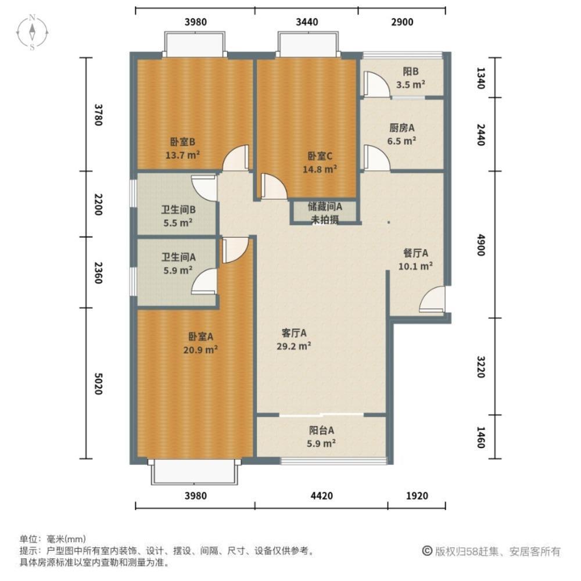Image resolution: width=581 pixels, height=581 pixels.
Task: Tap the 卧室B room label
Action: point(182,141)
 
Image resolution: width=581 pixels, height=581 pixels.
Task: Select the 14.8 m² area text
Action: point(320,170)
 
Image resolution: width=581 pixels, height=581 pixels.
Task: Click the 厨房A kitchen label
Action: point(401,128)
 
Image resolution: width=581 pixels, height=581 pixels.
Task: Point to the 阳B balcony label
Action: point(411,72)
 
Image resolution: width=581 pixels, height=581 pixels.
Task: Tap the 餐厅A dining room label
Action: point(415,253)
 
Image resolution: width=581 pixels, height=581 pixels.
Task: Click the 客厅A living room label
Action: point(294,332)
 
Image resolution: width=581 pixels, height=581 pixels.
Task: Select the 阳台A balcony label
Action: point(321,431)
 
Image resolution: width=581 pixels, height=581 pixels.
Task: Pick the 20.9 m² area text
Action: point(202,350)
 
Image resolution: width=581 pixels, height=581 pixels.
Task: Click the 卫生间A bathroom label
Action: point(178,256)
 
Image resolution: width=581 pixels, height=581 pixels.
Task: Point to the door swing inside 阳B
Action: point(374,84)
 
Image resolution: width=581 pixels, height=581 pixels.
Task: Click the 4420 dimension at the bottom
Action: point(321,496)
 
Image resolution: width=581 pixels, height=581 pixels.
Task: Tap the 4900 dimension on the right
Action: point(480,245)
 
